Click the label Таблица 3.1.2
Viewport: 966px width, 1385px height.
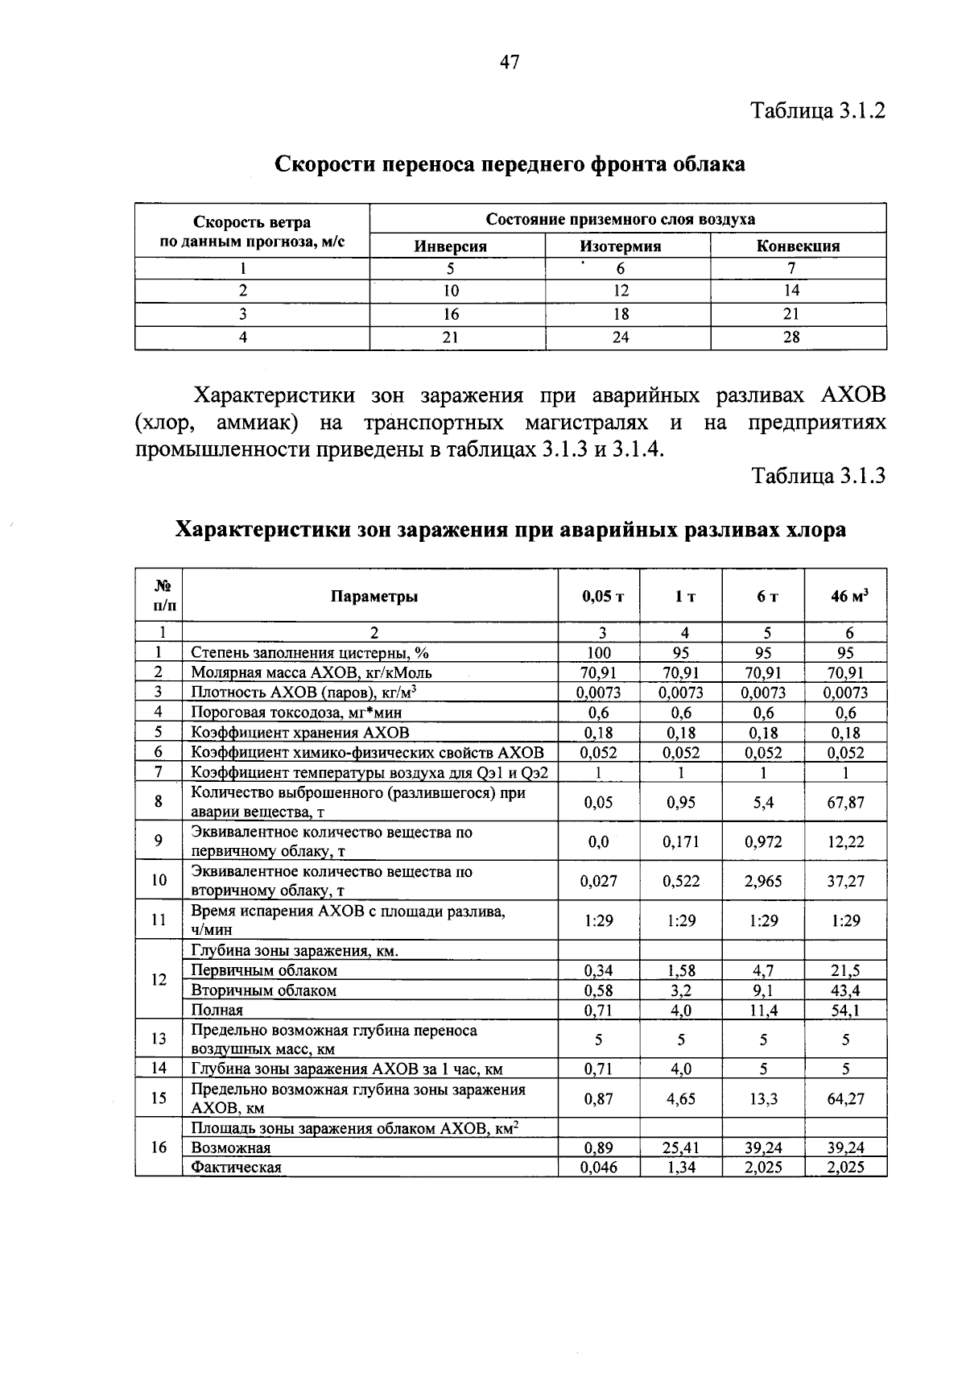(x=818, y=110)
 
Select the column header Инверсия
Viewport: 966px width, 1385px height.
(x=450, y=246)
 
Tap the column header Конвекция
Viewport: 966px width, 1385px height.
(x=798, y=246)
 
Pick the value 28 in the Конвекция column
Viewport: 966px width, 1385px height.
(x=791, y=338)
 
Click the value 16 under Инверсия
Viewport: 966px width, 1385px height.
(x=450, y=314)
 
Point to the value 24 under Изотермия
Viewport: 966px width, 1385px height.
(x=620, y=338)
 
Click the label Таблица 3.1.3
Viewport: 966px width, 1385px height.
(x=818, y=476)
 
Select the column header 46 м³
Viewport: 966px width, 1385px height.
(x=849, y=597)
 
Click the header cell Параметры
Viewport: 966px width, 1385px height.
(x=374, y=597)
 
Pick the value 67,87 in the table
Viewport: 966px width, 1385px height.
(x=845, y=802)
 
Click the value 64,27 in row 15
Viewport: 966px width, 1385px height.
(x=845, y=1099)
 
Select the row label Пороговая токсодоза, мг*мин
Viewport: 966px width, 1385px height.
(x=295, y=713)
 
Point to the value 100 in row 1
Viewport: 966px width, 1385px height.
(x=599, y=653)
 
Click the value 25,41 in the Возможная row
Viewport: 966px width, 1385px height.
(x=681, y=1148)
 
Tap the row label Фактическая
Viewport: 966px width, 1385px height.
(x=236, y=1168)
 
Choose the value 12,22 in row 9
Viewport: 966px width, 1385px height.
(x=845, y=842)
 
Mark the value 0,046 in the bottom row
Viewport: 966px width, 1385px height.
(x=599, y=1168)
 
